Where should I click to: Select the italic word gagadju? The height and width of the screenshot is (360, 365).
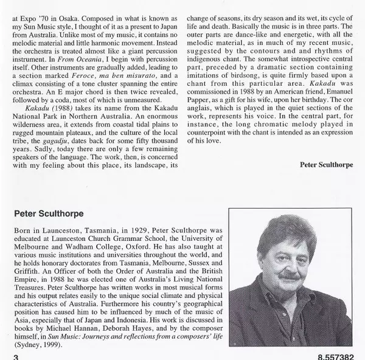57,149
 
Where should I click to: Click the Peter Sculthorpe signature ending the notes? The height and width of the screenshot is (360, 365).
327,182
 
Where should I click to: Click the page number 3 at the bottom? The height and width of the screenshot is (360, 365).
15,356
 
